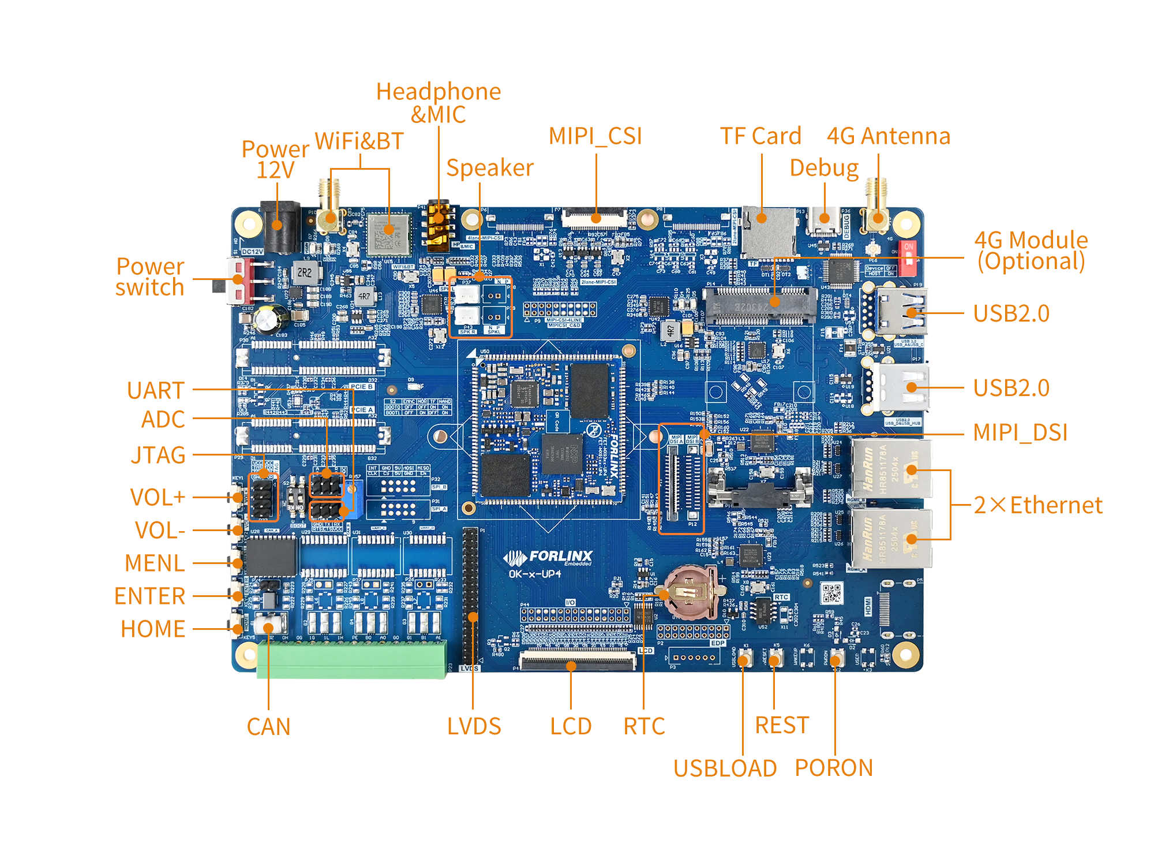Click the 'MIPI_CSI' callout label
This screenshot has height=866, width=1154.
[x=595, y=137]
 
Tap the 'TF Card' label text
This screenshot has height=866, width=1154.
[x=760, y=136]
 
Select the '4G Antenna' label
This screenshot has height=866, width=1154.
[x=888, y=136]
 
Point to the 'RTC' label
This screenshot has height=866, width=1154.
[x=645, y=726]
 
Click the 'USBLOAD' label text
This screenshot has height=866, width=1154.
[x=725, y=768]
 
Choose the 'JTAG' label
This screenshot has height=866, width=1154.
[x=158, y=456]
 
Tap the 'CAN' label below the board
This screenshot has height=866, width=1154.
[x=268, y=727]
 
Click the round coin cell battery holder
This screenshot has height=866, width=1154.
[x=690, y=592]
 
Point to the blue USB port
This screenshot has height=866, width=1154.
[x=901, y=312]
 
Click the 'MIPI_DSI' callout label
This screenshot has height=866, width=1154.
[x=1020, y=433]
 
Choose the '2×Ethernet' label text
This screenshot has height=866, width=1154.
[x=1037, y=505]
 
